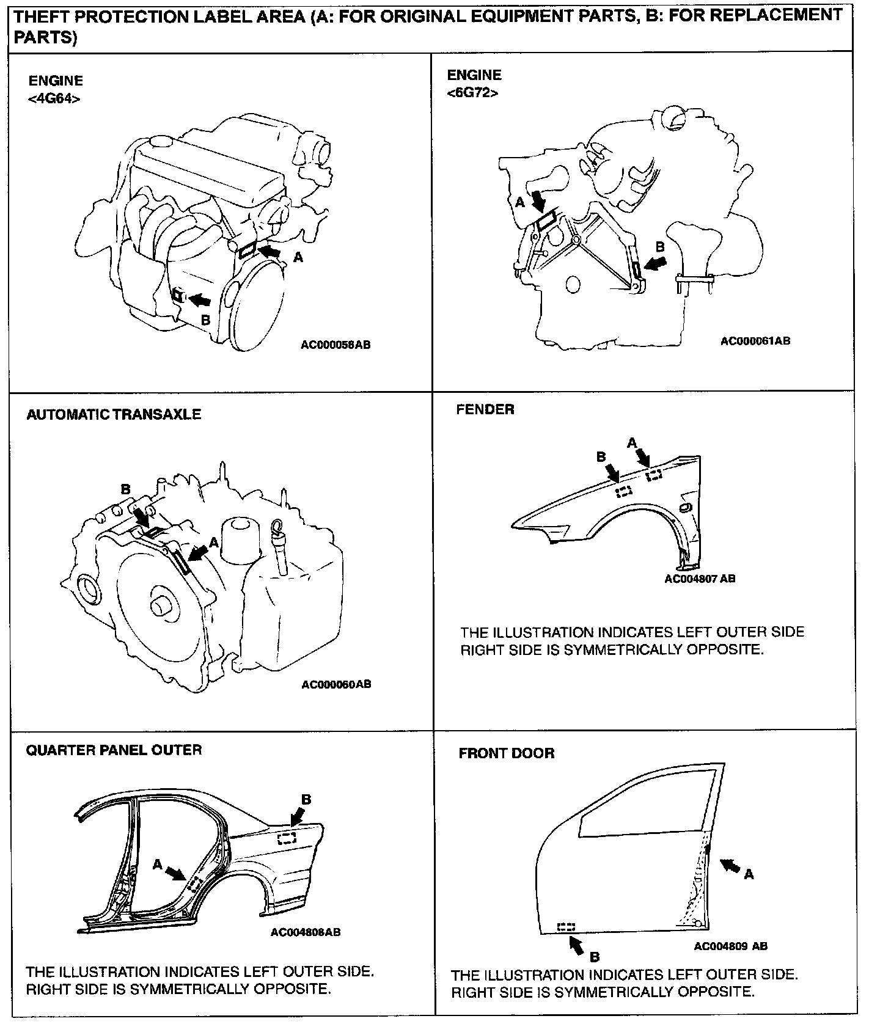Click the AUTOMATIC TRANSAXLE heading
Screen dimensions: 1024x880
[x=114, y=414]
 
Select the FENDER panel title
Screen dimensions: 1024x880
[x=485, y=409]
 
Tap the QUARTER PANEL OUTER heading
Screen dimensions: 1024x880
[x=114, y=750]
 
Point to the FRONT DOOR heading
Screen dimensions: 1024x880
[x=507, y=753]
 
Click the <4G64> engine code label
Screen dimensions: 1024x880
[x=54, y=98]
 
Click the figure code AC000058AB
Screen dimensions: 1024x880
[x=335, y=345]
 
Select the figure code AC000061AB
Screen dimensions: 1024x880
[x=755, y=340]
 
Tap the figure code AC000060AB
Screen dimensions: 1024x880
[x=336, y=684]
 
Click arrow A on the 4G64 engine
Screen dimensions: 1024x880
[x=271, y=251]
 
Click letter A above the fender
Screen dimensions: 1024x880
[x=632, y=442]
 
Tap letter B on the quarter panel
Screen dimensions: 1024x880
[x=306, y=799]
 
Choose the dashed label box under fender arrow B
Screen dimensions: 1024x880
[x=623, y=491]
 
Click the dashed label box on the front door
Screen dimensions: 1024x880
[x=566, y=927]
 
